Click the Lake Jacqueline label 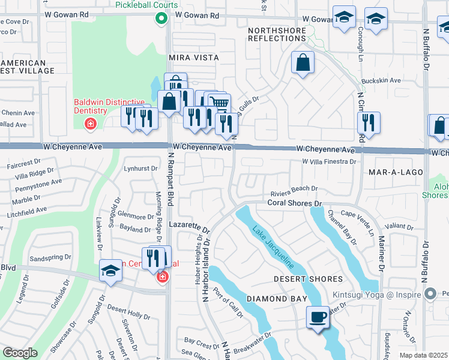pos(273,248)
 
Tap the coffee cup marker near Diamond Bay pos(318,317)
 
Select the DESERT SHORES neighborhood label pos(308,279)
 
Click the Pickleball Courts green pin pos(161,19)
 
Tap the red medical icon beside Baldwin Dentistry pos(90,124)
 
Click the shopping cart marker pos(220,104)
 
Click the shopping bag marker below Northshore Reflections pos(303,62)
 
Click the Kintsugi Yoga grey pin pos(430,294)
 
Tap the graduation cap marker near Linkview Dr pos(111,271)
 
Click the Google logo pos(20,353)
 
